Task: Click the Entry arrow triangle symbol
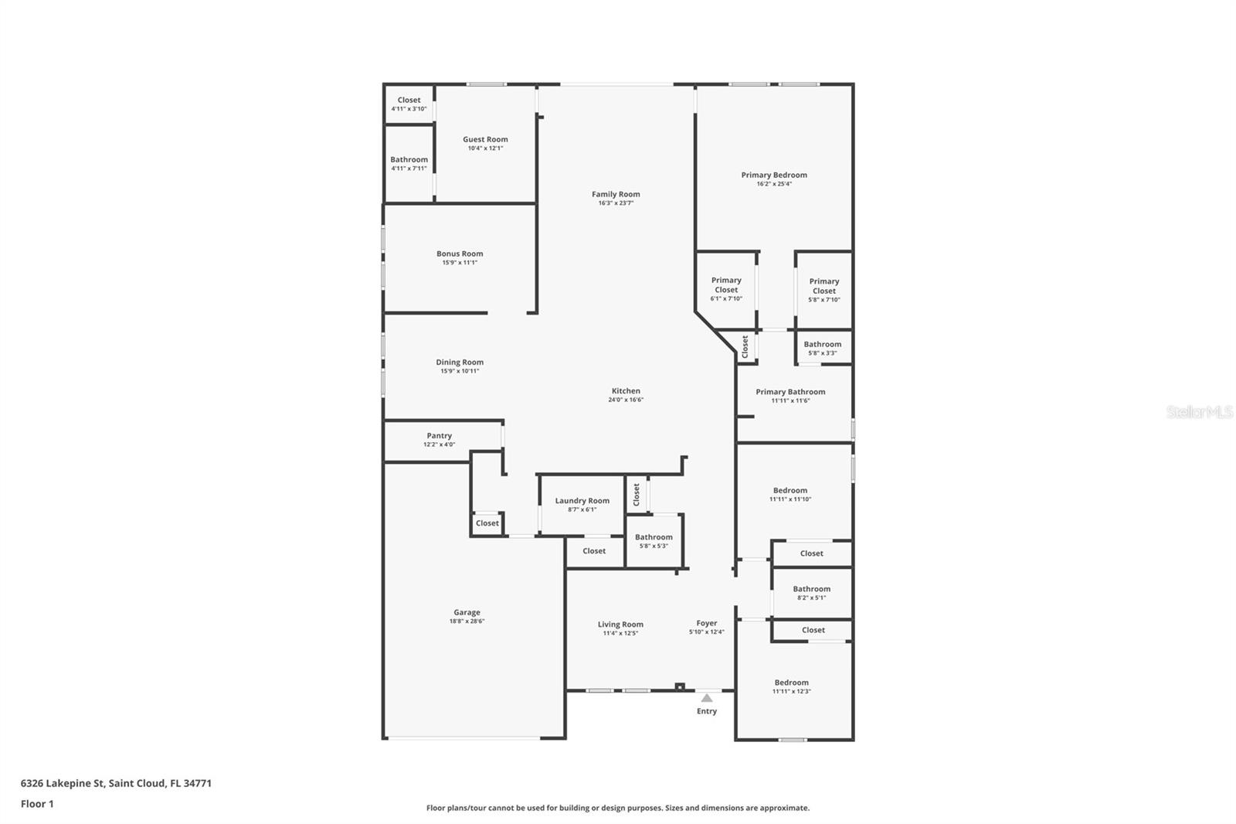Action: pyautogui.click(x=707, y=698)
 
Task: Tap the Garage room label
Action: pyautogui.click(x=467, y=612)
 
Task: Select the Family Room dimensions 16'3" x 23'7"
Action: pyautogui.click(x=616, y=203)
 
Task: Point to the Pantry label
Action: pyautogui.click(x=440, y=436)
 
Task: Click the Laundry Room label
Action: pyautogui.click(x=582, y=500)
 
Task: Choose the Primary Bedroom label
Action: pyautogui.click(x=774, y=175)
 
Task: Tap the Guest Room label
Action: pyautogui.click(x=486, y=139)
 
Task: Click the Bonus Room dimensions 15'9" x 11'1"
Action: pyautogui.click(x=460, y=262)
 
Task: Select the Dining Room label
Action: pyautogui.click(x=460, y=363)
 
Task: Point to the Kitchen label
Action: pyautogui.click(x=626, y=390)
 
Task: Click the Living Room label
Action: pyautogui.click(x=620, y=624)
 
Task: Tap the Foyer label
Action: pyautogui.click(x=707, y=623)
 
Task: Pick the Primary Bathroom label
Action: pyautogui.click(x=791, y=392)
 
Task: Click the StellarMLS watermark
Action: pyautogui.click(x=1200, y=412)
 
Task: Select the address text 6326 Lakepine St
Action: pyautogui.click(x=63, y=783)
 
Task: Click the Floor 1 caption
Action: pyautogui.click(x=37, y=804)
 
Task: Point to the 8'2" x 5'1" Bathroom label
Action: pyautogui.click(x=812, y=589)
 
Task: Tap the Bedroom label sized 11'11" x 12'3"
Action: pyautogui.click(x=791, y=683)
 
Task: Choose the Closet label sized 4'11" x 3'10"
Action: pyautogui.click(x=409, y=100)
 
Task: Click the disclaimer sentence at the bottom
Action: pyautogui.click(x=618, y=808)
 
